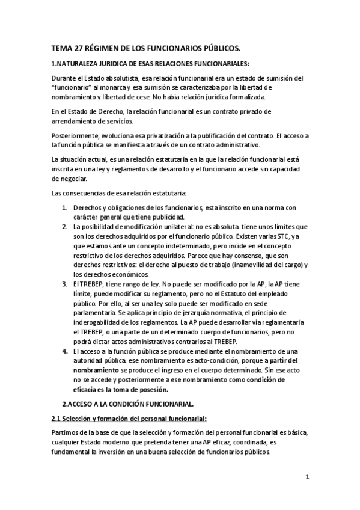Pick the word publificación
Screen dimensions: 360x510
(215, 136)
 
